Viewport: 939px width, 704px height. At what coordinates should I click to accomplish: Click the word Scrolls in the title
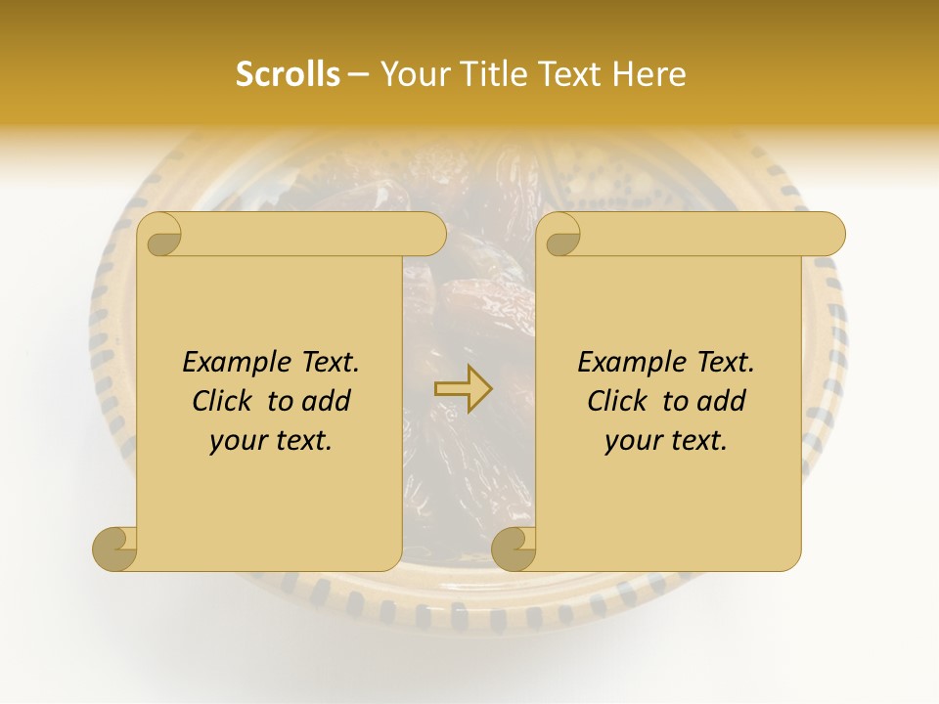click(x=288, y=74)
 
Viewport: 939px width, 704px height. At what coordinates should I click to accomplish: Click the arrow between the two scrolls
click(x=463, y=389)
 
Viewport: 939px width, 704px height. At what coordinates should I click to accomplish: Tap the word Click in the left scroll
click(x=224, y=401)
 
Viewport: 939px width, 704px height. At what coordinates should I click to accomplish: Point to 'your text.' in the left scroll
click(x=271, y=440)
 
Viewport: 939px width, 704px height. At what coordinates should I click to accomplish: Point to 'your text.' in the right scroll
click(x=666, y=440)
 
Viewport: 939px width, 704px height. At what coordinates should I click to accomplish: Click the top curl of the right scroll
click(x=562, y=235)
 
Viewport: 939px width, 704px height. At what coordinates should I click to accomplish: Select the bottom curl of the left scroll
click(x=114, y=549)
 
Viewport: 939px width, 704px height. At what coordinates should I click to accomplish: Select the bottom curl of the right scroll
click(x=514, y=549)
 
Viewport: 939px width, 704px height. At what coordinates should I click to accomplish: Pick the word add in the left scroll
click(x=326, y=401)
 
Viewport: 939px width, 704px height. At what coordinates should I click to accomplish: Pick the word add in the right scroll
click(x=721, y=401)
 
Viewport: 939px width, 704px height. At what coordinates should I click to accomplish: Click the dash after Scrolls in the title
click(x=359, y=75)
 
